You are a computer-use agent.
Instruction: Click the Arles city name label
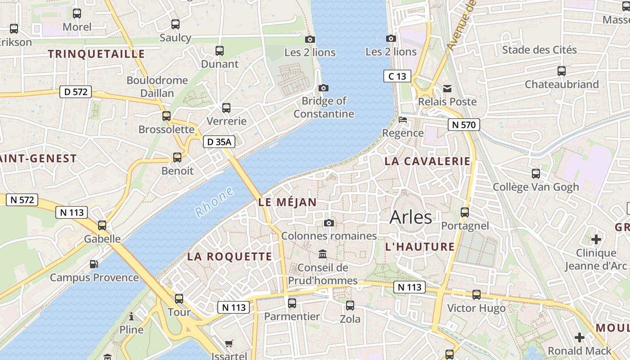[410, 217]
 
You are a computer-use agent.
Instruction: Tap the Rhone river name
[215, 202]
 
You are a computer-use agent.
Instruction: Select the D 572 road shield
[76, 92]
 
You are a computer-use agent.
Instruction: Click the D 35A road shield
[219, 142]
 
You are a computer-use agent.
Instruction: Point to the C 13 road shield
[397, 76]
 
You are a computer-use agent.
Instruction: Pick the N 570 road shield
[463, 125]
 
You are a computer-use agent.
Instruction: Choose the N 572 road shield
[22, 200]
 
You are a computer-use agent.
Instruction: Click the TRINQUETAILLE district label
[96, 54]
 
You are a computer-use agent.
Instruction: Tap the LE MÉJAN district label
[288, 202]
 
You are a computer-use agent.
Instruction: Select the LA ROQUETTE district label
[229, 257]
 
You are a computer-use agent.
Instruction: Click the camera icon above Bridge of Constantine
[323, 88]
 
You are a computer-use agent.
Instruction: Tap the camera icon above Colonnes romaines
[329, 223]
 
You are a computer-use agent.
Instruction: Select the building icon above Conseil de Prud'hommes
[323, 254]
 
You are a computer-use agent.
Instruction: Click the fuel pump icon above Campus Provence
[94, 264]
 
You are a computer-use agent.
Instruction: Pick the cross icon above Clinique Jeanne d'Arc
[596, 239]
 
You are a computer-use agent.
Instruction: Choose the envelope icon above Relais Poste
[447, 88]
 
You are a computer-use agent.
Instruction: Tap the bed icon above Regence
[403, 120]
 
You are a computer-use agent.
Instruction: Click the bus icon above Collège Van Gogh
[535, 173]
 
